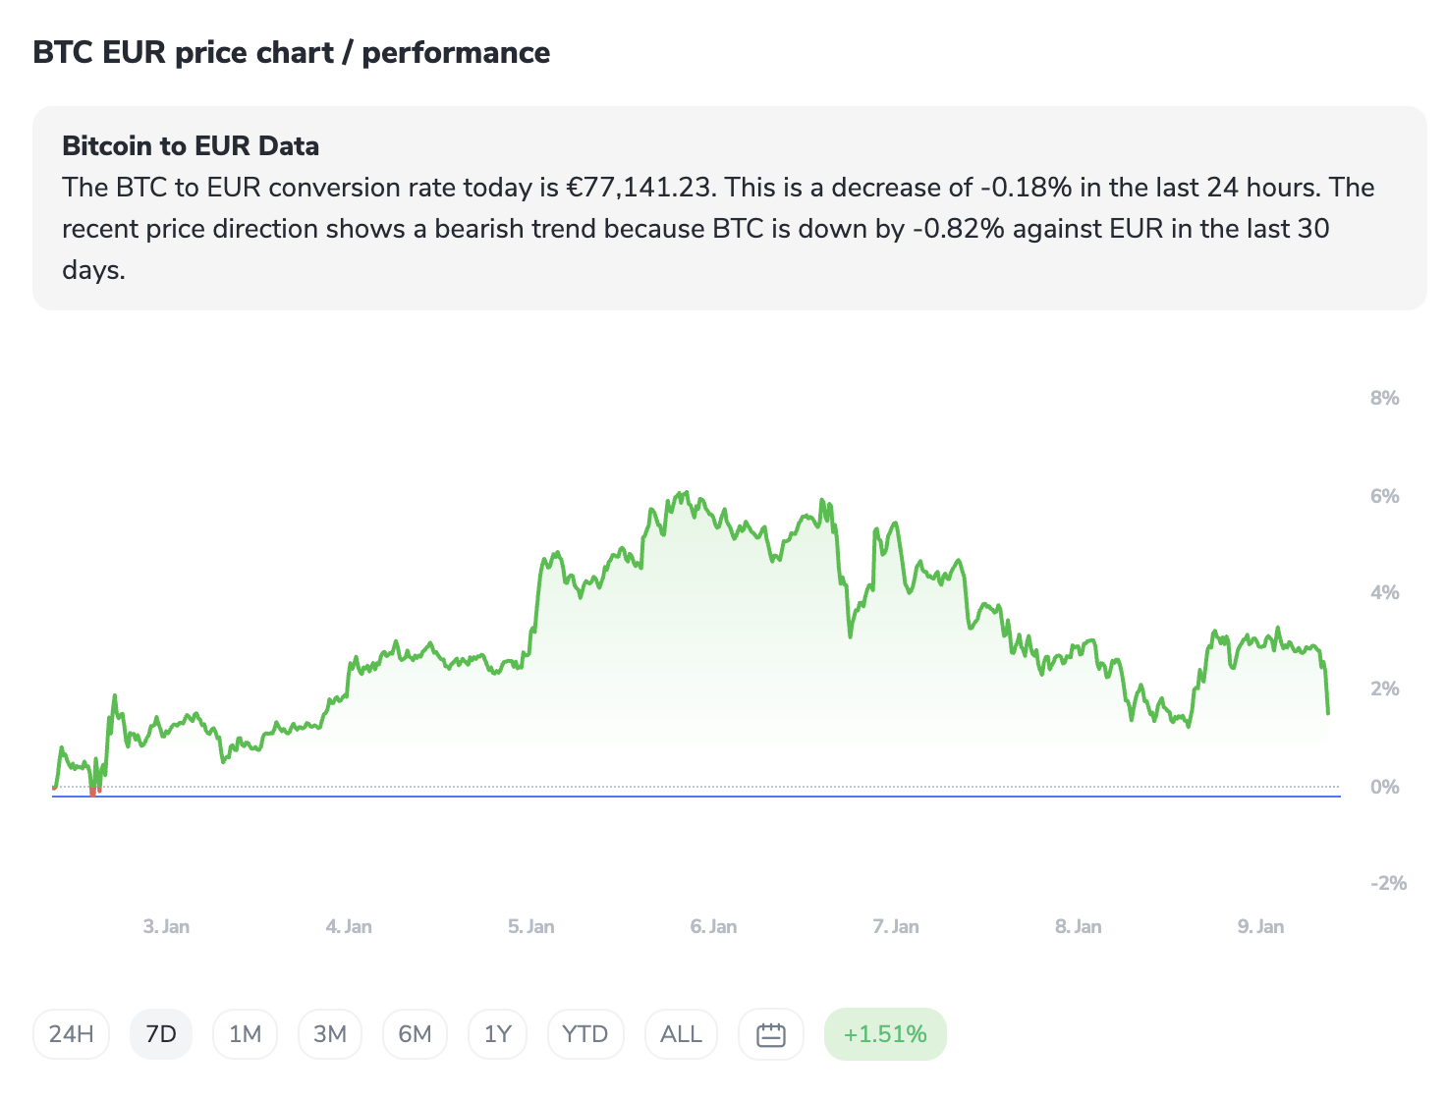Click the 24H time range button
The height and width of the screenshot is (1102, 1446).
71,1034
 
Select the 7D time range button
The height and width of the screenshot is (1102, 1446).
160,1034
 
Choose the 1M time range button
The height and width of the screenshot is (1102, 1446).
245,1034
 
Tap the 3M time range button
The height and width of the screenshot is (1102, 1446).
330,1034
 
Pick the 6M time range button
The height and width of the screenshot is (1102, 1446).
415,1034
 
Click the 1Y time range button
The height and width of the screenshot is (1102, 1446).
498,1034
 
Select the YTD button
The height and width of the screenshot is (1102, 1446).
584,1034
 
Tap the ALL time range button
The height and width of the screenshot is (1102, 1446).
681,1034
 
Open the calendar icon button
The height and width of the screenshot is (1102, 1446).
771,1034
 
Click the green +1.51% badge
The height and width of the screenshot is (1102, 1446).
885,1034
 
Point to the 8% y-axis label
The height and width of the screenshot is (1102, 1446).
1384,398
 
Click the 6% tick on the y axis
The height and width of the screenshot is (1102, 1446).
1384,496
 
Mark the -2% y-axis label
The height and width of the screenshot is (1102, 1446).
1388,883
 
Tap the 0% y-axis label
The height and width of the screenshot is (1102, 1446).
1384,787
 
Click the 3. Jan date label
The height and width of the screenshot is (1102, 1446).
166,926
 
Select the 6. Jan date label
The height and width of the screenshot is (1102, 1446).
713,926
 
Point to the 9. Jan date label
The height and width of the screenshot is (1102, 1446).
1260,926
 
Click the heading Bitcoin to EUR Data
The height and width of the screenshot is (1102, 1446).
191,146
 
